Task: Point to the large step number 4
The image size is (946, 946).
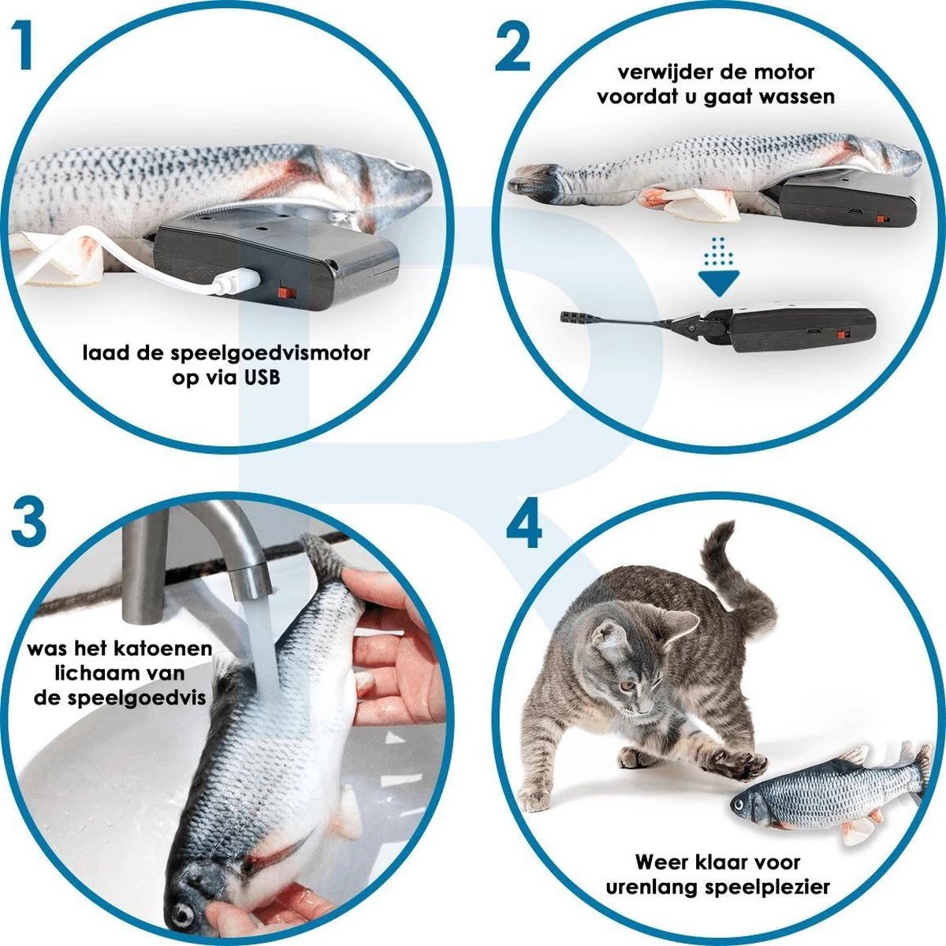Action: (523, 522)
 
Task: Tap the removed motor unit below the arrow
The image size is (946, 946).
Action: (804, 328)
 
